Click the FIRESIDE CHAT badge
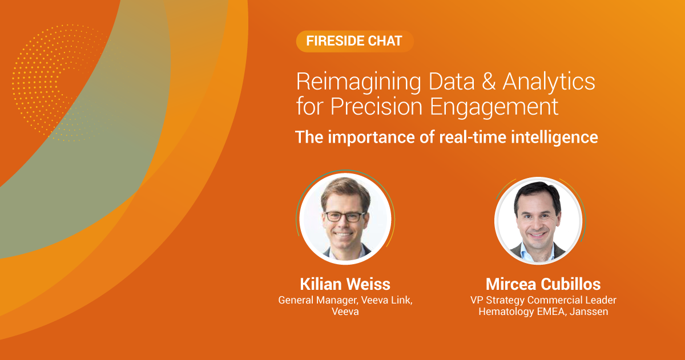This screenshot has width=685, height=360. point(354,41)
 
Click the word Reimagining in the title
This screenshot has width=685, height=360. point(358,83)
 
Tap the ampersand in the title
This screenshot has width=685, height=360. point(489,82)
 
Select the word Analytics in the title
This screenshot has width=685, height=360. point(549,83)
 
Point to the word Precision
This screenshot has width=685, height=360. point(377,107)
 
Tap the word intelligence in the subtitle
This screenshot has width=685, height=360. point(555,137)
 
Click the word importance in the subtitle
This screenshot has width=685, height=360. point(372,137)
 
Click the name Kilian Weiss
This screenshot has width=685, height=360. point(345,284)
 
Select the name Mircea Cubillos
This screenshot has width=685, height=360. point(543,284)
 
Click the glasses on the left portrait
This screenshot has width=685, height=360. point(345,217)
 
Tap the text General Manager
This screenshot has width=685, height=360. point(318,301)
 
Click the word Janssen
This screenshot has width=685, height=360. point(589,312)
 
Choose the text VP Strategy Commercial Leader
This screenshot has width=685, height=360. point(543,301)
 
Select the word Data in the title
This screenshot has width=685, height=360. point(452,82)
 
